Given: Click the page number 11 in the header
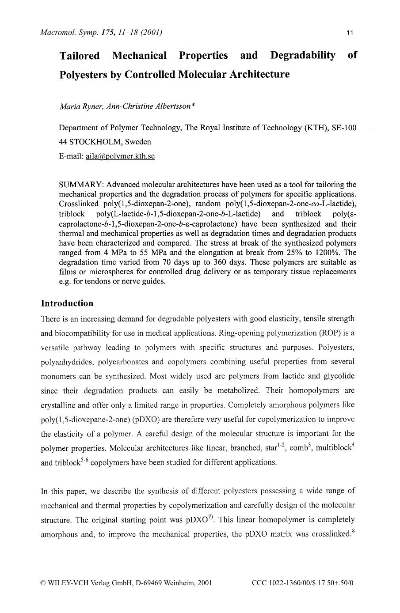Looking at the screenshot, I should [350, 33].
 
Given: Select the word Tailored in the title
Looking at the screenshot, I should [80, 56].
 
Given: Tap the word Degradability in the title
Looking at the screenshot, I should [302, 56].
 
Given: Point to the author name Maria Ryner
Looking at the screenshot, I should [80, 106].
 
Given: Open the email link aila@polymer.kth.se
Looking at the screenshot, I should [120, 156].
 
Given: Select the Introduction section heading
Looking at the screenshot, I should [67, 303].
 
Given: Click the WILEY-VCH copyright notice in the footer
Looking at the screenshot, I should [126, 583].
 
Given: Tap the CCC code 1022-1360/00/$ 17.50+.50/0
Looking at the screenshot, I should [303, 583].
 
